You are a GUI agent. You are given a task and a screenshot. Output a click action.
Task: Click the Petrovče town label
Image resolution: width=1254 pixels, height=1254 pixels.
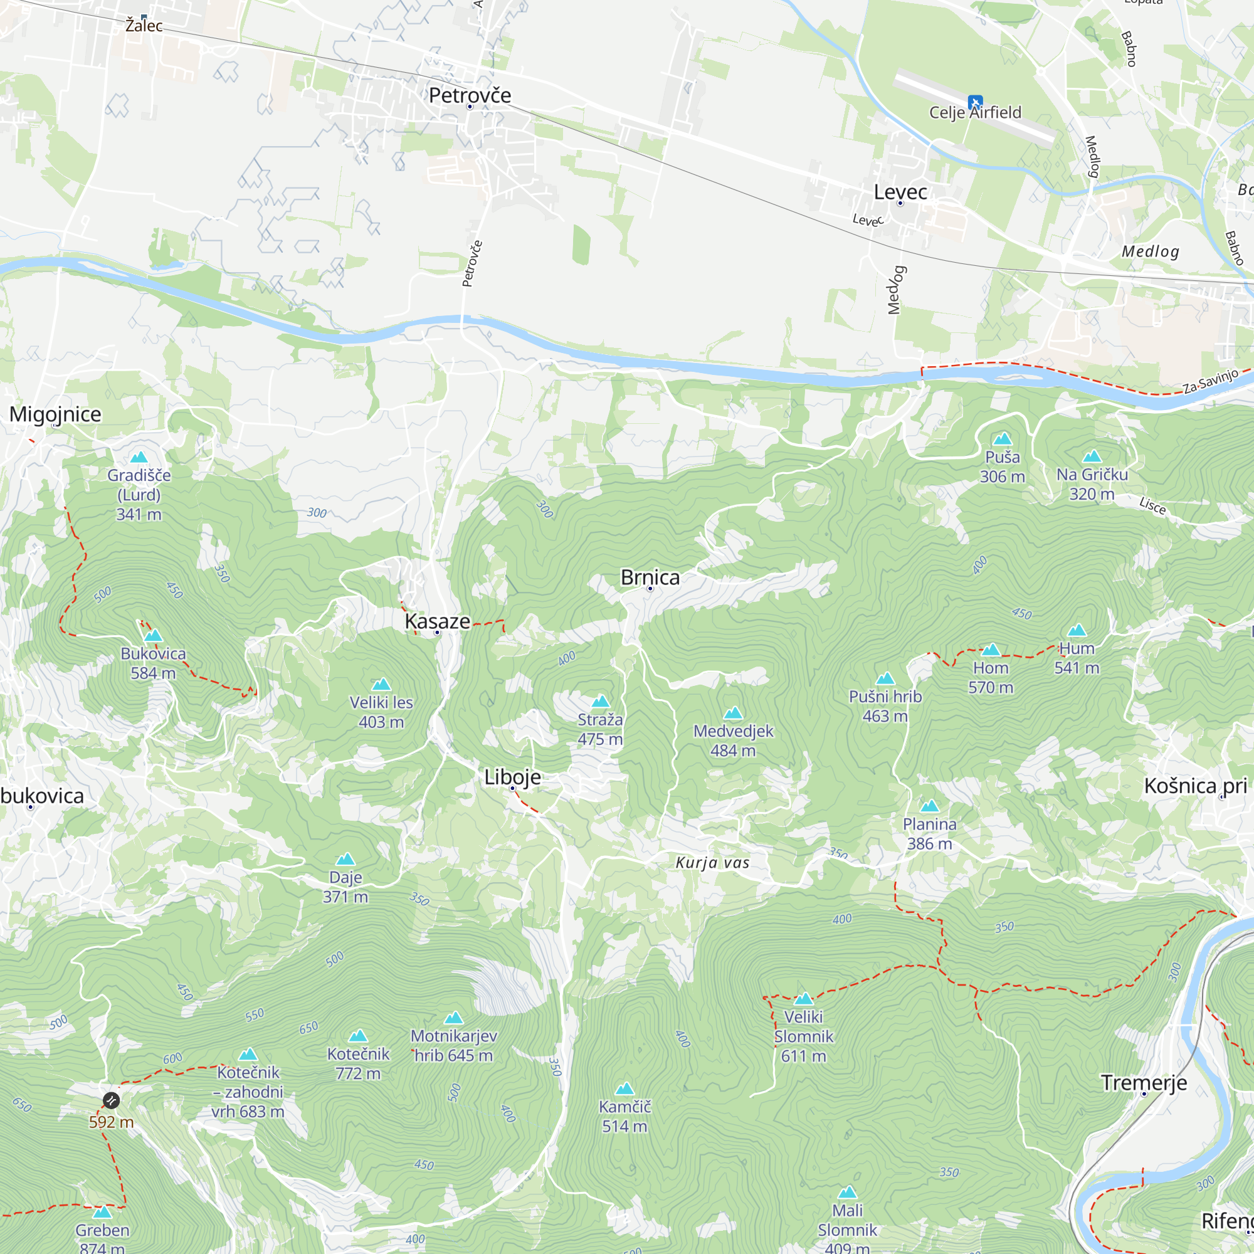pos(470,95)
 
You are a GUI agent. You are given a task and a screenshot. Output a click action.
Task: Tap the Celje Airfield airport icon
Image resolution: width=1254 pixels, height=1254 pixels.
pos(974,103)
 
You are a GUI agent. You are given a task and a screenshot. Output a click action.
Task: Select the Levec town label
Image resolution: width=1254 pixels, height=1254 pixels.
pos(900,192)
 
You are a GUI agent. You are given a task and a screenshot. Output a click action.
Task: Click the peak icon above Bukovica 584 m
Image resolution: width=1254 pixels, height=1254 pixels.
pos(153,635)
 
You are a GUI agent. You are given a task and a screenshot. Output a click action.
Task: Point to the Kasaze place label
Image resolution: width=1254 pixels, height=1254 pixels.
pos(437,621)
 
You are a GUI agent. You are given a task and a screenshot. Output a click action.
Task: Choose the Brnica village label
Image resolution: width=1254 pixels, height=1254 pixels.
pos(650,577)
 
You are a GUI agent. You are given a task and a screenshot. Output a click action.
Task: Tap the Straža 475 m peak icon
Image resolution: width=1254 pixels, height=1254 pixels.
pos(601,702)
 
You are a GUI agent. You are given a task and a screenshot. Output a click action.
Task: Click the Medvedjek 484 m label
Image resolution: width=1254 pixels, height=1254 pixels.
pos(733,740)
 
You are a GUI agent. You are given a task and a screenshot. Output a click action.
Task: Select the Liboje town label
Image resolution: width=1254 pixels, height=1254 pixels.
pos(512,777)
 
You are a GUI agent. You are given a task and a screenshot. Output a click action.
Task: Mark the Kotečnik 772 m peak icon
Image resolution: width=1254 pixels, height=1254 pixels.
pos(358,1036)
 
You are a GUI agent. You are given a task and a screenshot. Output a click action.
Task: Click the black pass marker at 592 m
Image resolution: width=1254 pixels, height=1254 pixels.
pos(111,1100)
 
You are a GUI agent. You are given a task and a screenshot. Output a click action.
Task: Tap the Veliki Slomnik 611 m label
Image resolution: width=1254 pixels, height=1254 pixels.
pos(803,1036)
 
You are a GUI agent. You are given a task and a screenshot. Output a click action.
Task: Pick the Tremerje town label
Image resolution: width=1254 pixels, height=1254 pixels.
pos(1144,1083)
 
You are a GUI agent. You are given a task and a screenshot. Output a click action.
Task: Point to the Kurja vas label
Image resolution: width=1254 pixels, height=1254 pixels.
pos(712,863)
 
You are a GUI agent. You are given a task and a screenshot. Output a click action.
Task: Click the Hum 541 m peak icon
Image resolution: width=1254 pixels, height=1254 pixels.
pos(1077,630)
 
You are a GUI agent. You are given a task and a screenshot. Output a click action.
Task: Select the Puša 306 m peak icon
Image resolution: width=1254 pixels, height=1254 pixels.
pos(1003,439)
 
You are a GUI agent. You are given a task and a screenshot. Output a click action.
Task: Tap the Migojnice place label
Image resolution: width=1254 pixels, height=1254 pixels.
pos(55,414)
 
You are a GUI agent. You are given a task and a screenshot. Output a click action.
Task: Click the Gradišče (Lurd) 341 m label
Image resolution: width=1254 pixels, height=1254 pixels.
pos(139,495)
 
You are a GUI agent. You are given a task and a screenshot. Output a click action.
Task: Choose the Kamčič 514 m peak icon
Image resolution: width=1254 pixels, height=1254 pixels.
pos(624,1088)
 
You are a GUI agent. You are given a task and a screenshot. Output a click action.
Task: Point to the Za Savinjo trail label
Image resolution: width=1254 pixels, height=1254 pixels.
pos(1210,381)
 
